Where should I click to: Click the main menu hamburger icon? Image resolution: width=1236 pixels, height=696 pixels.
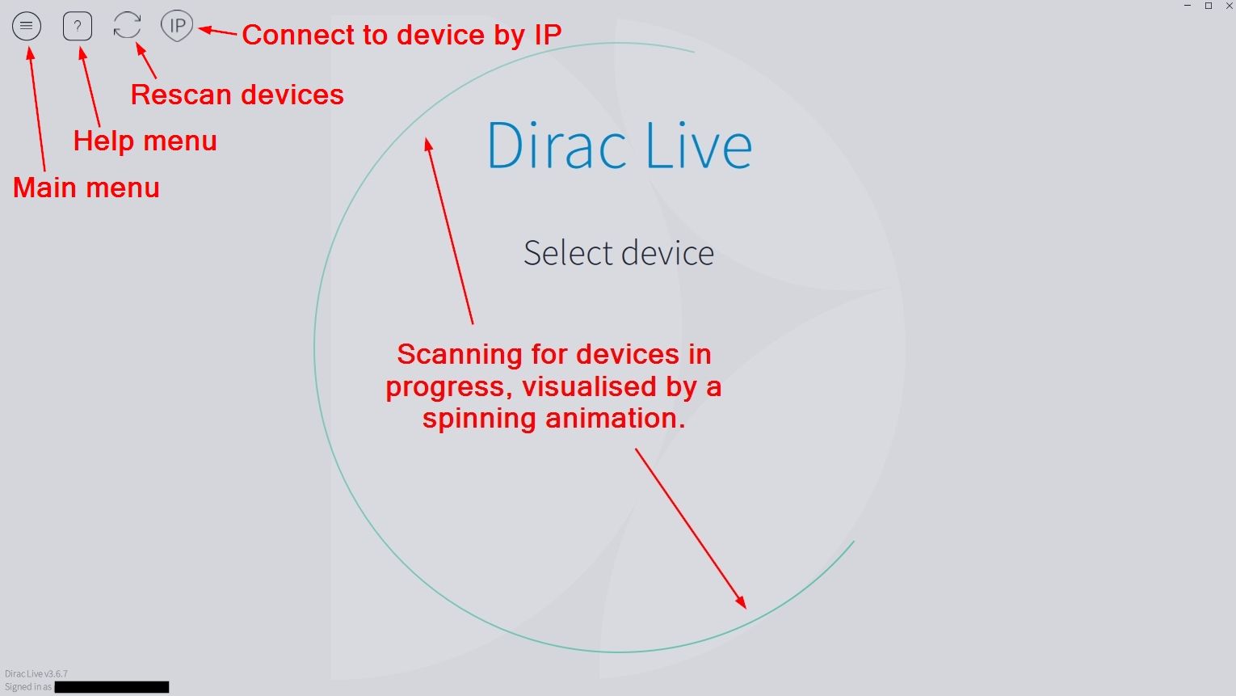coord(27,27)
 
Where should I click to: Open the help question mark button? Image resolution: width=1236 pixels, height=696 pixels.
coord(78,27)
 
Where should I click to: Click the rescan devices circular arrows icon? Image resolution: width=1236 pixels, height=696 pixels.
coord(128,25)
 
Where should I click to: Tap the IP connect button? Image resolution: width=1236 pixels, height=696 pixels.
coord(177,26)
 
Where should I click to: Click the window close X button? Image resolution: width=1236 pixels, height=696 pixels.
coord(1230,6)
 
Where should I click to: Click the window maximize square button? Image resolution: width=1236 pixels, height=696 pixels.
coord(1209,6)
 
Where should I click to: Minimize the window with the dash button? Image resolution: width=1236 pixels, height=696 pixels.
coord(1188,6)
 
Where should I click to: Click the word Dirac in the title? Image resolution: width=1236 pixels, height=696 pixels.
coord(557,146)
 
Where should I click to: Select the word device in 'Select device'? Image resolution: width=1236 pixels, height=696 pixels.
coord(668,253)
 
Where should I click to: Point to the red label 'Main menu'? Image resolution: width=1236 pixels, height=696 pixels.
coord(86,188)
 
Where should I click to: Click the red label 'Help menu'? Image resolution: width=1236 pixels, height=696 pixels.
coord(145,141)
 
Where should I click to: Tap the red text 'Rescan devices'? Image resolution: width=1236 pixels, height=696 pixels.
coord(238,95)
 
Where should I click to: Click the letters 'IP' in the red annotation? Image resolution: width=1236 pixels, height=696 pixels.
coord(547,35)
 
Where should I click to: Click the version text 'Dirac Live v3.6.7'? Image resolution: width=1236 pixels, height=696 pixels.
coord(36,673)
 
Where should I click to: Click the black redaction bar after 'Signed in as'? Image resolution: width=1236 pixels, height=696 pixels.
coord(111,687)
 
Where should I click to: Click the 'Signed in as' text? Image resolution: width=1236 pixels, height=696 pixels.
coord(28,687)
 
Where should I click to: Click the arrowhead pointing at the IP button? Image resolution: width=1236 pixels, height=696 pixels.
coord(204,31)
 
